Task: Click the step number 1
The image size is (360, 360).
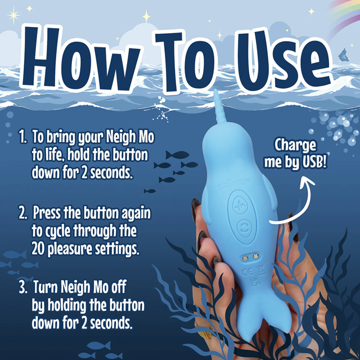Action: pos(22,136)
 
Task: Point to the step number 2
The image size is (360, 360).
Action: pos(22,214)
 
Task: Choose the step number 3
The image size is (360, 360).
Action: pos(22,289)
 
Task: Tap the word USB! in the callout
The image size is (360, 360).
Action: pos(312,163)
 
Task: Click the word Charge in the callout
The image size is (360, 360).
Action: pos(295,145)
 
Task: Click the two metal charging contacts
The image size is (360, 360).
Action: pos(250,256)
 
